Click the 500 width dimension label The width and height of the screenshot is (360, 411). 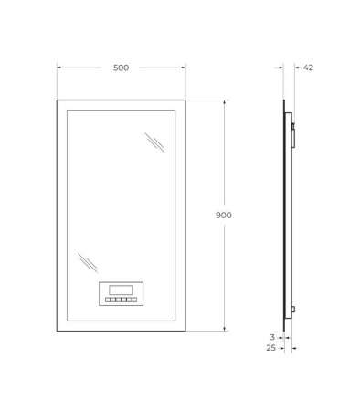121,68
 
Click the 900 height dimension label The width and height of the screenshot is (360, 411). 224,216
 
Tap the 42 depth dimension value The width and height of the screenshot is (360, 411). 308,68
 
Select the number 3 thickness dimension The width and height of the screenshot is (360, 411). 272,337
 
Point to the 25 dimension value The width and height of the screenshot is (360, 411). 270,348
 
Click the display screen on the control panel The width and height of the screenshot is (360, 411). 121,290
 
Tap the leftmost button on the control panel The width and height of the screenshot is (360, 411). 108,300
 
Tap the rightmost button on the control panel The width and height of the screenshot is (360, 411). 134,300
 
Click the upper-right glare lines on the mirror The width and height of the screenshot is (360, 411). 154,142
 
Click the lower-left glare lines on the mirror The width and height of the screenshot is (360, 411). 88,262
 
